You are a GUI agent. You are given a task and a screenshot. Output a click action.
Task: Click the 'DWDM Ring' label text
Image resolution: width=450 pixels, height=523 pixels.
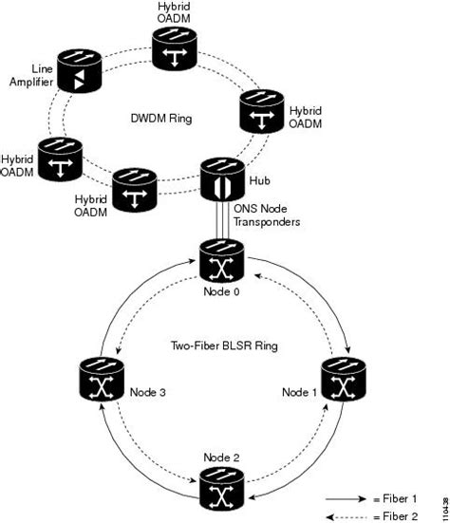pos(160,118)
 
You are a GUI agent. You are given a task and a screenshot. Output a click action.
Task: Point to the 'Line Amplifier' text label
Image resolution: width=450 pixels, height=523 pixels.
pos(31,78)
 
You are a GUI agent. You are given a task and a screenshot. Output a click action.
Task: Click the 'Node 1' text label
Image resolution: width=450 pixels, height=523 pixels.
pos(301,390)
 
